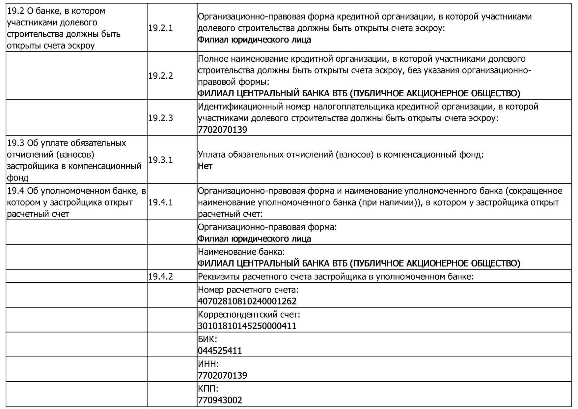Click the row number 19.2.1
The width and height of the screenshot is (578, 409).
160,28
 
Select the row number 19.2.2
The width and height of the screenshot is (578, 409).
160,76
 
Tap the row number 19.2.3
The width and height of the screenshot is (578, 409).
160,118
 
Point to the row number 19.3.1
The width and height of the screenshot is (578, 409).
160,160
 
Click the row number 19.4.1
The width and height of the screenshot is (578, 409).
160,202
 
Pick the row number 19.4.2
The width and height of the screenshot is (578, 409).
160,276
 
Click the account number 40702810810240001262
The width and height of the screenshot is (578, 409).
247,301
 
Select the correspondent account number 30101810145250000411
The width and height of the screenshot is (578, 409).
247,326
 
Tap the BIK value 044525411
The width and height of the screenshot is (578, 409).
220,351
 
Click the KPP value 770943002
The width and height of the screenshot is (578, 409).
220,400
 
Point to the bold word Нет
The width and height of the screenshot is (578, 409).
205,166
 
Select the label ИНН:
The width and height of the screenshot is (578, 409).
208,364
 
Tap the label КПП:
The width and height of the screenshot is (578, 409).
208,389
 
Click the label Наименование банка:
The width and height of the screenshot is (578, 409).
241,252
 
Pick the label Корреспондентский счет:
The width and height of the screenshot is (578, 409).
249,314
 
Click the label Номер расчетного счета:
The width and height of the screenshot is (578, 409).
248,290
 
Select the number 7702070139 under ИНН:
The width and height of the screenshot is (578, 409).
222,375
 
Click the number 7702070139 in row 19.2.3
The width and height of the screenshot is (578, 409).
222,130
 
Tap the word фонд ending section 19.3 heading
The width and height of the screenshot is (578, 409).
17,178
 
